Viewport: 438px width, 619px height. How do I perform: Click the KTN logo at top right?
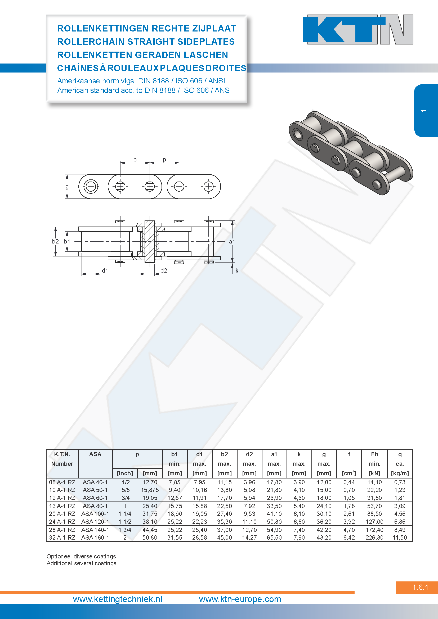pyautogui.click(x=358, y=29)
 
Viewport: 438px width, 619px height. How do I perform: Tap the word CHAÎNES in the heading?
pyautogui.click(x=78, y=68)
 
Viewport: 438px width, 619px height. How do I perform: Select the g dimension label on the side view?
pyautogui.click(x=67, y=187)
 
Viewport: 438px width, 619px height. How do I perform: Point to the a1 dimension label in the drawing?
pyautogui.click(x=232, y=242)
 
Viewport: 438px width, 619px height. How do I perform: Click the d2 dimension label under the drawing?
pyautogui.click(x=164, y=270)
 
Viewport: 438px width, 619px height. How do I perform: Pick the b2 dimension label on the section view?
pyautogui.click(x=55, y=241)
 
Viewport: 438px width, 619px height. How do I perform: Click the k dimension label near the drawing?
pyautogui.click(x=237, y=270)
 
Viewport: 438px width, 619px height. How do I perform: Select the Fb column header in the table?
pyautogui.click(x=374, y=454)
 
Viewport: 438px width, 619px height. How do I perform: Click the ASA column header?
pyautogui.click(x=95, y=454)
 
